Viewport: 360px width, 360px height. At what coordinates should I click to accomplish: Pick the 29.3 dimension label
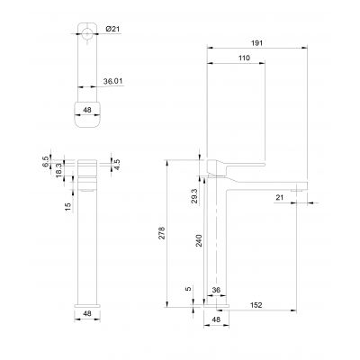195,194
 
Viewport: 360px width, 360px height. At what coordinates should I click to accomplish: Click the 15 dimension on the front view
67,208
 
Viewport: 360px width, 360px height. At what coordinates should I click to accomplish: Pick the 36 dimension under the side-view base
216,290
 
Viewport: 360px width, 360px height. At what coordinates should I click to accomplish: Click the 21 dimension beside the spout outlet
280,198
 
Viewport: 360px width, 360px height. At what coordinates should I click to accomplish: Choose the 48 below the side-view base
216,319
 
